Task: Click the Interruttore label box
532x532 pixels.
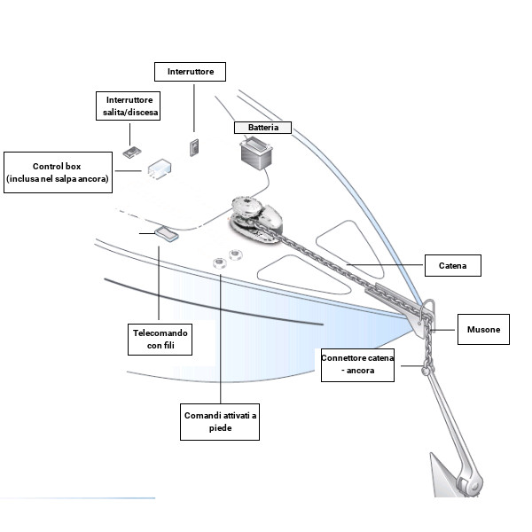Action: (x=190, y=71)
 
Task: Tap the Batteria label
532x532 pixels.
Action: (x=262, y=128)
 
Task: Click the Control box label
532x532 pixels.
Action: (x=57, y=172)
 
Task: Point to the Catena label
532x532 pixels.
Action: (x=458, y=264)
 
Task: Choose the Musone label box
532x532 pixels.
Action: (x=483, y=330)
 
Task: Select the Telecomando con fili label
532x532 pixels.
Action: (x=160, y=339)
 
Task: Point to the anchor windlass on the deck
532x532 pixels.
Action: (x=258, y=216)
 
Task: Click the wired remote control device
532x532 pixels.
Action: (x=166, y=233)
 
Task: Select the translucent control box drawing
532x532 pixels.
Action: (x=160, y=168)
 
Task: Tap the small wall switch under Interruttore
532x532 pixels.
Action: (x=192, y=146)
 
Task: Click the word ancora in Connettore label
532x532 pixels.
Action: (x=379, y=371)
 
